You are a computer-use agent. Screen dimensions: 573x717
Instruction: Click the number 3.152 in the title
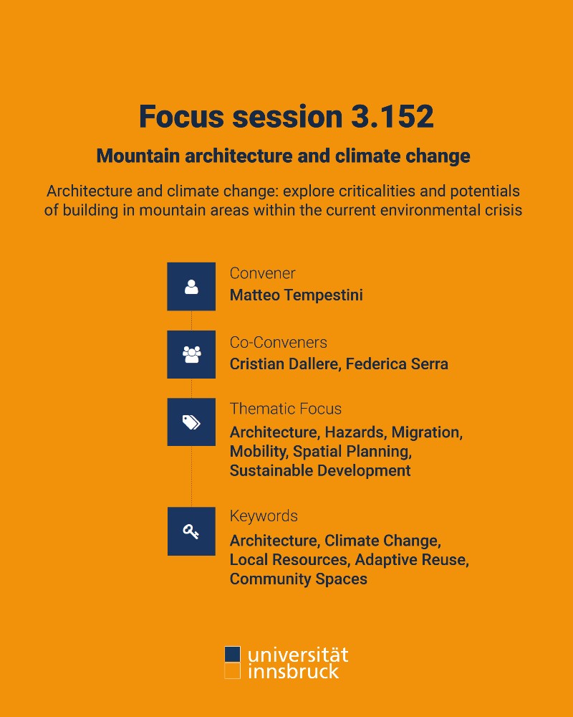coord(392,116)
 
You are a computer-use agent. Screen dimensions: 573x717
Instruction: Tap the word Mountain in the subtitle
coord(138,156)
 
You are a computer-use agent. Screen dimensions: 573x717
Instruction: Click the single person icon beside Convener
coord(191,287)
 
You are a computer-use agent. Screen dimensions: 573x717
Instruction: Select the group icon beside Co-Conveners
coord(191,354)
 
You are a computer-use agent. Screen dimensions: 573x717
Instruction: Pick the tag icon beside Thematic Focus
coord(191,422)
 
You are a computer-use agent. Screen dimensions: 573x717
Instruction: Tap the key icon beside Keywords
coord(191,531)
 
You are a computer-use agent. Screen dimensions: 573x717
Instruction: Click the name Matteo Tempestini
coord(296,295)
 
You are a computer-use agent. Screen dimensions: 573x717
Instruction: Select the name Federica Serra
coord(397,364)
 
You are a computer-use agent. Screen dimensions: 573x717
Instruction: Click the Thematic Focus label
coord(286,409)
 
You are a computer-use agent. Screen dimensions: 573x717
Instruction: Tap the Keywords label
coord(264,516)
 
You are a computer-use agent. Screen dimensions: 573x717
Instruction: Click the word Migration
coord(427,432)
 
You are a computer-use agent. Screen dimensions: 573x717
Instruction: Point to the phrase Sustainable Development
coord(320,470)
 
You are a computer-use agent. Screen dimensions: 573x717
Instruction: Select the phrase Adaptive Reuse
coord(412,560)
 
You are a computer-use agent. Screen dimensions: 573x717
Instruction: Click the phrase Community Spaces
coord(299,579)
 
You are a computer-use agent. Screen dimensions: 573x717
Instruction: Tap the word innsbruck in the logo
coord(294,671)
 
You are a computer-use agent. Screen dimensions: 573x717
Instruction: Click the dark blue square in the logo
coord(232,654)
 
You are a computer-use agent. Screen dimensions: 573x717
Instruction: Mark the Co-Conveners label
coord(279,342)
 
